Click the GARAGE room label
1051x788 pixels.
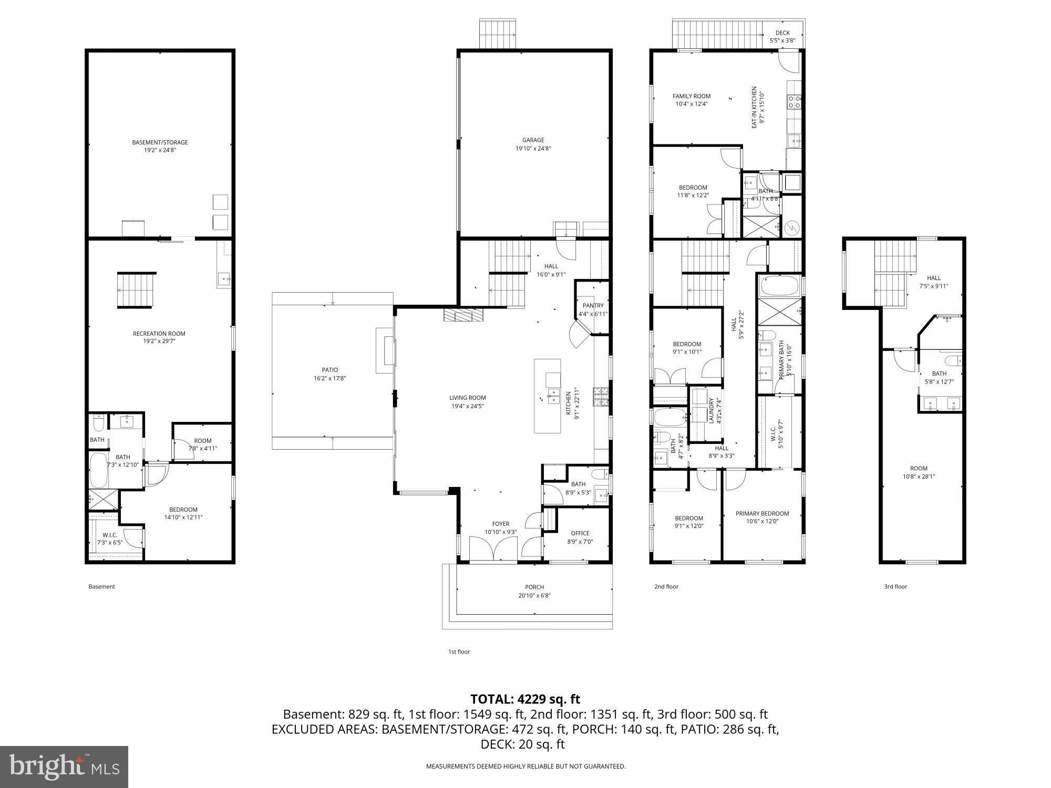[x=533, y=140]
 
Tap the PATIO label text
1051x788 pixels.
[x=330, y=370]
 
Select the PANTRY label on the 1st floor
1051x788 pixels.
[x=593, y=306]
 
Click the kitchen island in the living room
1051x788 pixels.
[x=548, y=396]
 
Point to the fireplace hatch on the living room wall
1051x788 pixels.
[x=463, y=315]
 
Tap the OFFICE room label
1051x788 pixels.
[x=580, y=533]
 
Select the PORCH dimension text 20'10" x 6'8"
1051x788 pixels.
[x=534, y=595]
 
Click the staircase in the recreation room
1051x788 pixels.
[x=137, y=290]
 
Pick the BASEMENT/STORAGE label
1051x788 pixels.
[x=160, y=142]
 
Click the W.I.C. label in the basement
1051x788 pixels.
[x=110, y=535]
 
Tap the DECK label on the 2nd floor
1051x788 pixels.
[x=782, y=33]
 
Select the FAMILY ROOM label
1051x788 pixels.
[x=692, y=96]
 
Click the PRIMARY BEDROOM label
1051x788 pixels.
[x=762, y=514]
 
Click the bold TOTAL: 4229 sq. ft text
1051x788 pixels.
[x=525, y=699]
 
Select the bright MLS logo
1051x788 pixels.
[x=64, y=767]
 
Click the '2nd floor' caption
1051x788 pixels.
[x=666, y=587]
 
